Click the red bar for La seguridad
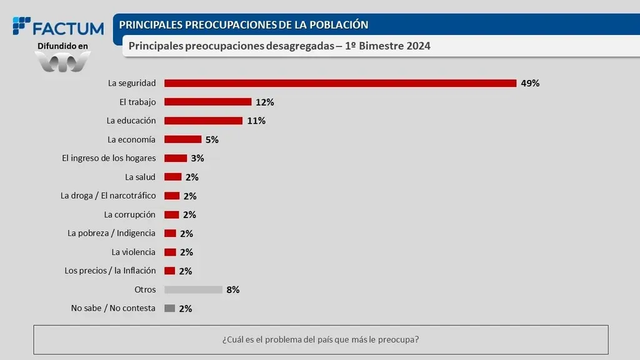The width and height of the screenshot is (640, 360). (340, 83)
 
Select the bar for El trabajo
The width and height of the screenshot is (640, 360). (207, 102)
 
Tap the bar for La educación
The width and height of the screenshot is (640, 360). (203, 121)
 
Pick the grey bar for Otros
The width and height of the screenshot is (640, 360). (193, 289)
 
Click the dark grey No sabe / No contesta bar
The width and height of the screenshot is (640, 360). (169, 308)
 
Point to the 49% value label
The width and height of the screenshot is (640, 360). (530, 83)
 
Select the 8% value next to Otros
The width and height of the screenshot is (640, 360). (233, 289)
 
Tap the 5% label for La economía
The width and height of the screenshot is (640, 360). (212, 139)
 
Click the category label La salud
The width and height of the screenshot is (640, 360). (140, 177)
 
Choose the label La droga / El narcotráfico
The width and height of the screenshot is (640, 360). (108, 196)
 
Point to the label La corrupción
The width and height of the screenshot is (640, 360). (130, 214)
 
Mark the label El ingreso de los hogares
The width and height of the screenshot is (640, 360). (109, 158)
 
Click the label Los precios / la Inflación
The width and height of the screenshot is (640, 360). (110, 271)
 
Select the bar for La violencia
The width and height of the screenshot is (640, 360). (169, 252)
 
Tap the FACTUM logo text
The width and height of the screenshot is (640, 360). (67, 28)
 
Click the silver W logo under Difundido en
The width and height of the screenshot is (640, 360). (62, 62)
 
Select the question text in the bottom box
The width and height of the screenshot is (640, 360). (321, 340)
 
